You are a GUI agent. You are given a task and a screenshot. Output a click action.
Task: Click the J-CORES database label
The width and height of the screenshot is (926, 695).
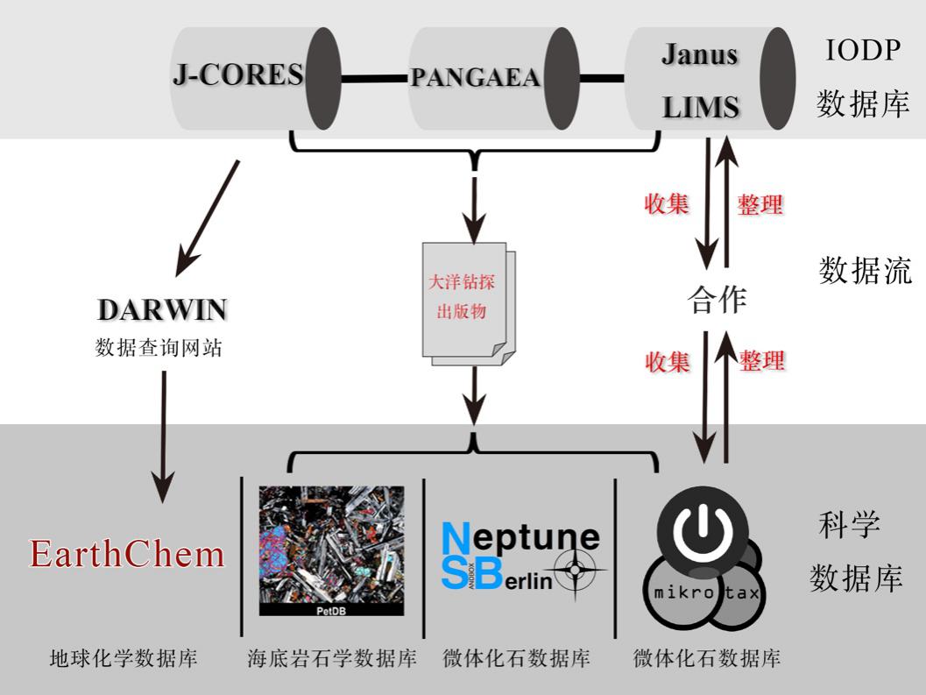pos(237,75)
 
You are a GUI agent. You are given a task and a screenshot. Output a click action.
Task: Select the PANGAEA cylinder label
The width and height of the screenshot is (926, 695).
pos(476,78)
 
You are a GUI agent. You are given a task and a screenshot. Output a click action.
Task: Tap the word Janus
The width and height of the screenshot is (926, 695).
pos(698,54)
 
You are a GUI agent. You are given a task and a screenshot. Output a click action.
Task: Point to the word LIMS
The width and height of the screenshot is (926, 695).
pos(701,108)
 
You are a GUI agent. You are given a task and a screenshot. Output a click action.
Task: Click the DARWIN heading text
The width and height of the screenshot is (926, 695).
pos(162,310)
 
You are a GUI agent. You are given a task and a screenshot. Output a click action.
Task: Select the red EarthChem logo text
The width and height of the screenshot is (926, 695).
pos(127,554)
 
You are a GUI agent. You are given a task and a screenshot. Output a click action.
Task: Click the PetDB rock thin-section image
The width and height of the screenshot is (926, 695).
pos(331,550)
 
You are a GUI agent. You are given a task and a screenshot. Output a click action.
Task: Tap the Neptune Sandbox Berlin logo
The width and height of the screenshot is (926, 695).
pos(521,556)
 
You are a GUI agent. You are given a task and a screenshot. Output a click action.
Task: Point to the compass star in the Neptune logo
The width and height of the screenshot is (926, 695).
pos(575,569)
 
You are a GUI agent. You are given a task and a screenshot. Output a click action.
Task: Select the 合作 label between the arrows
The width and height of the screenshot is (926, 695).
pos(717,300)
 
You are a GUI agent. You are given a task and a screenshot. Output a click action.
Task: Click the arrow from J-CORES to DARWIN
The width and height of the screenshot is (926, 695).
pos(208,214)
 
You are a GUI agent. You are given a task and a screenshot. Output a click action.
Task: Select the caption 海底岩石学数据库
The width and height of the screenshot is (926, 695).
pos(332,658)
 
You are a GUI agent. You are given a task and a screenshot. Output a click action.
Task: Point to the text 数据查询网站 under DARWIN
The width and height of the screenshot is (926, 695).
pos(159,348)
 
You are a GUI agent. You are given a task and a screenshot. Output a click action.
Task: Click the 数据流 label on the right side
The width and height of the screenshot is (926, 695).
pos(866,270)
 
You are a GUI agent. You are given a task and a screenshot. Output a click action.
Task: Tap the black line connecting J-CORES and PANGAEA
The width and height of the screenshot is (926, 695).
pos(374,80)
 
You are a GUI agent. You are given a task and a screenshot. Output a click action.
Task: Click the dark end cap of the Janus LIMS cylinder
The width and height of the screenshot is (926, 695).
pos(777,79)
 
